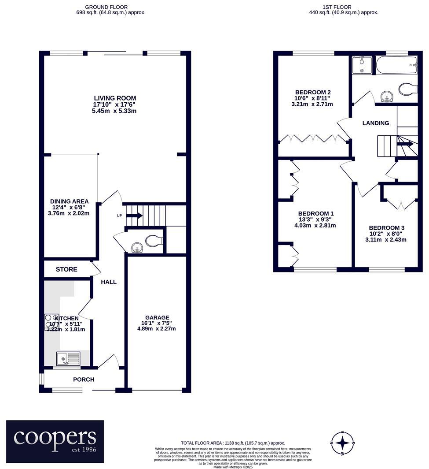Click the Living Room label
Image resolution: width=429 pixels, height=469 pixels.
point(115,98)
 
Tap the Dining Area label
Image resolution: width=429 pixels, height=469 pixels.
point(69,201)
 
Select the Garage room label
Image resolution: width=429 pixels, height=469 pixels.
point(157,317)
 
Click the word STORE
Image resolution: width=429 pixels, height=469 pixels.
point(66,269)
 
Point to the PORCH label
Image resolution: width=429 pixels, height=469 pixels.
point(84,380)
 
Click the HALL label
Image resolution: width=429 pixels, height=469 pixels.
point(109,282)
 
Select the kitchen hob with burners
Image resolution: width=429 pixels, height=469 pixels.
point(51,320)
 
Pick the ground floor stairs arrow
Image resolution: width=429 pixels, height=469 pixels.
point(134,216)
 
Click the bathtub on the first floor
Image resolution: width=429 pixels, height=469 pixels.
point(396,65)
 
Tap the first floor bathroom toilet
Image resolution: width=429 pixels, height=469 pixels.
point(407,89)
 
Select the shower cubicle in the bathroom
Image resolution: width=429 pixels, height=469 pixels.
point(362,65)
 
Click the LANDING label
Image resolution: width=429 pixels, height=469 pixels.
point(376,123)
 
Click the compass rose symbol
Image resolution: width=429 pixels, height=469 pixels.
point(342,443)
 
